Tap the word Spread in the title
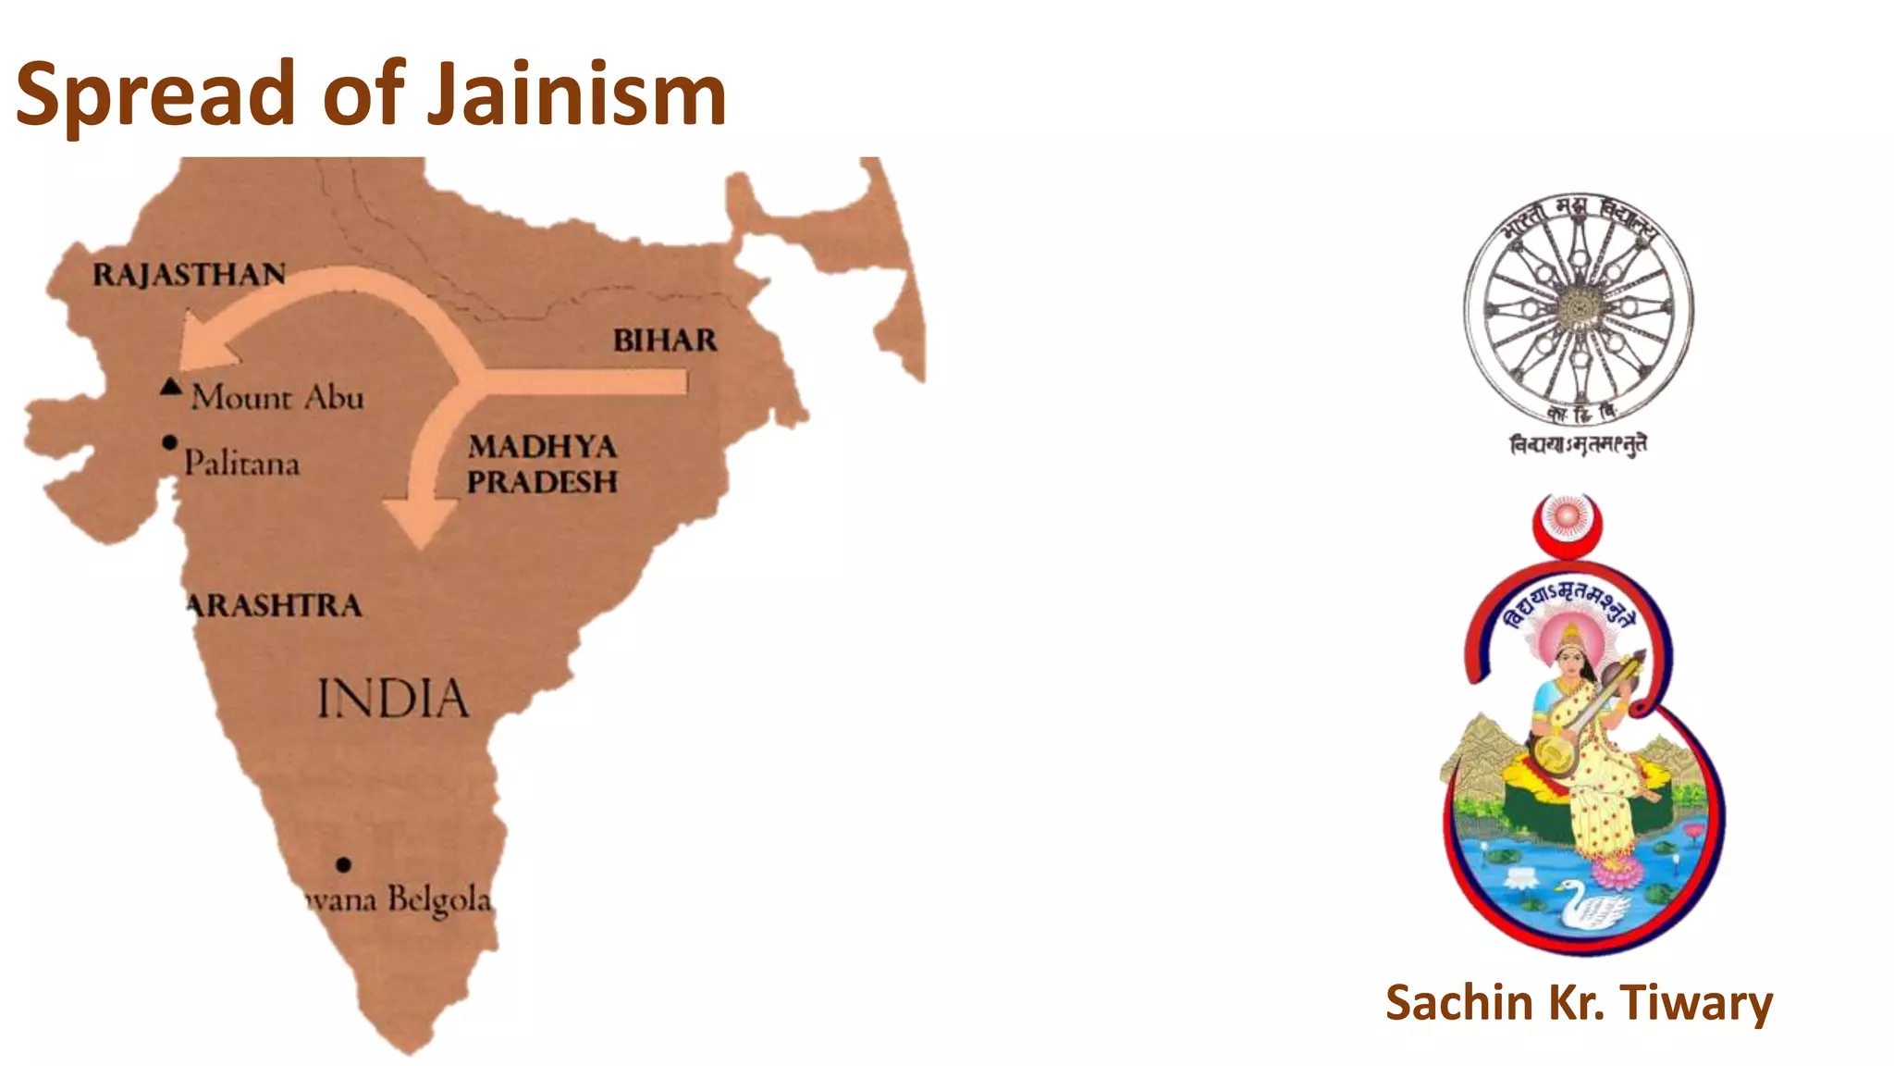click(x=155, y=94)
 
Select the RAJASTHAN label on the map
click(x=190, y=275)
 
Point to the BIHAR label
click(x=665, y=341)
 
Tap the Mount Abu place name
click(x=277, y=398)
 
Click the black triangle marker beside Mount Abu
click(x=170, y=387)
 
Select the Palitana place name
click(x=241, y=463)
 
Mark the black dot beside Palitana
click(x=169, y=442)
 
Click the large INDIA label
click(x=393, y=699)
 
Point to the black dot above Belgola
click(x=343, y=864)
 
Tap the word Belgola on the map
click(x=438, y=899)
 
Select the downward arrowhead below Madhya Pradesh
click(x=421, y=523)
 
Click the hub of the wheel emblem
click(x=1579, y=306)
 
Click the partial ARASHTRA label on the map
click(x=275, y=606)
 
